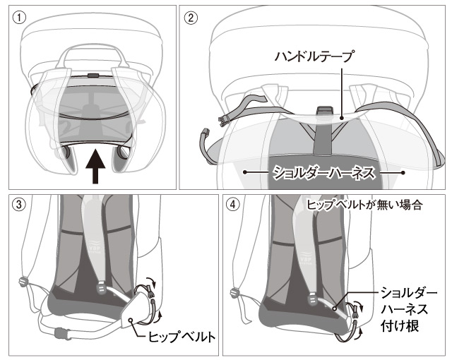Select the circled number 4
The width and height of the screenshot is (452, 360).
pyautogui.click(x=234, y=205)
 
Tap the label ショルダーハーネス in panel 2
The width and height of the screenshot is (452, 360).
pyautogui.click(x=323, y=171)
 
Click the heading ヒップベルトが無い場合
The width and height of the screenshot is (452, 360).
pyautogui.click(x=365, y=205)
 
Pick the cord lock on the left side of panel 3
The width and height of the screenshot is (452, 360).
pyautogui.click(x=23, y=282)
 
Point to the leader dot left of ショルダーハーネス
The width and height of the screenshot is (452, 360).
pyautogui.click(x=244, y=171)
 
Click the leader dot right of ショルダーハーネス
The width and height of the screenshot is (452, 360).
pyautogui.click(x=403, y=171)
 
